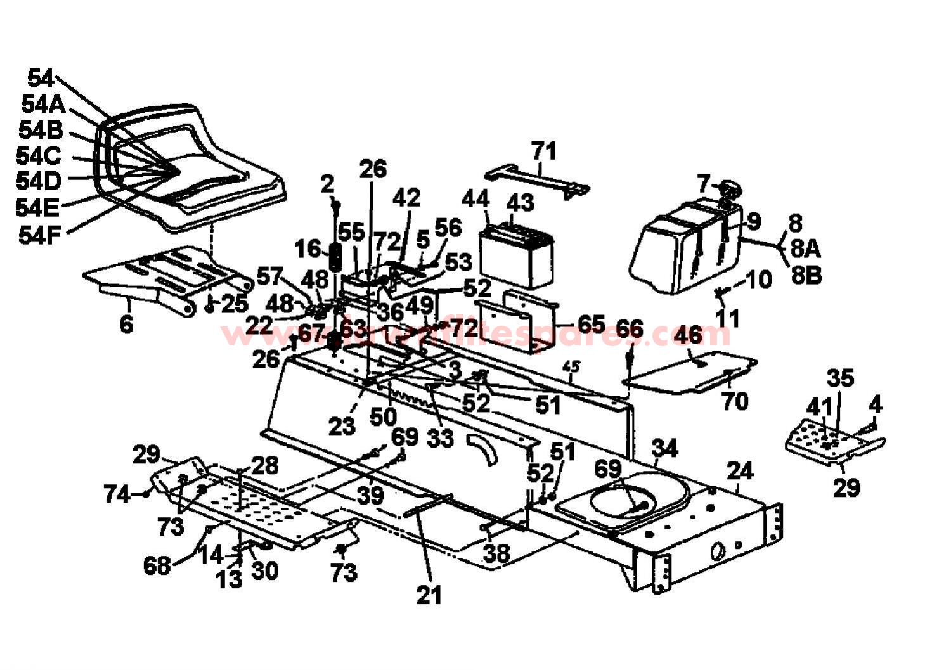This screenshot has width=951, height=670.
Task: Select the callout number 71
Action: [543, 151]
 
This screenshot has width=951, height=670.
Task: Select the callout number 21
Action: [429, 595]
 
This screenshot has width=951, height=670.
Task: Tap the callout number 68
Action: [157, 565]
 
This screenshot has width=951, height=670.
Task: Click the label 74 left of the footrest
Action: [117, 494]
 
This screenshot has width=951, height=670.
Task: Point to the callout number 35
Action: [841, 378]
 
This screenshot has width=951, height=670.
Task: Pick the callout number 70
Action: [735, 401]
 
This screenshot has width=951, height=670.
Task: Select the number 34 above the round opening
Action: [665, 449]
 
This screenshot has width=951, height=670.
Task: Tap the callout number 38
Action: [496, 554]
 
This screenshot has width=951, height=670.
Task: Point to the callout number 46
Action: [688, 334]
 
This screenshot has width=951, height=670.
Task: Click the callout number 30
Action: [264, 570]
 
